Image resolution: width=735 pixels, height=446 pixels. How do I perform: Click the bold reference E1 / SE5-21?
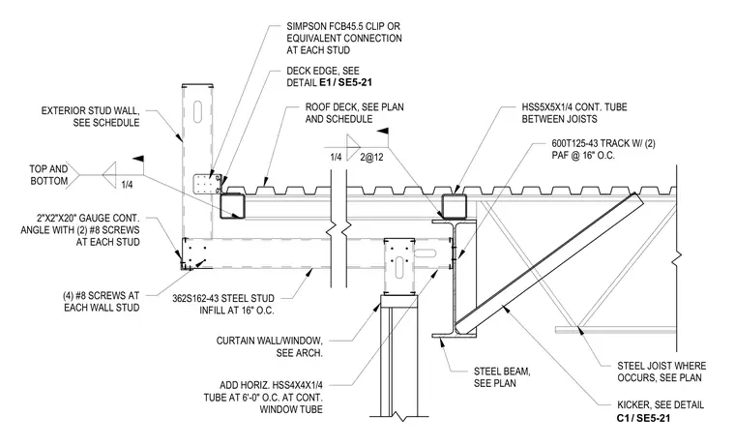pos(346,82)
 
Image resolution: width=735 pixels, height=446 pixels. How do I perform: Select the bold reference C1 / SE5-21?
pos(643,417)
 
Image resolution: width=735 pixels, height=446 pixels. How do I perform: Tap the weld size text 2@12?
pos(371,157)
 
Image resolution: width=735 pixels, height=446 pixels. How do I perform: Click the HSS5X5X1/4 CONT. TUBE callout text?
pos(574,113)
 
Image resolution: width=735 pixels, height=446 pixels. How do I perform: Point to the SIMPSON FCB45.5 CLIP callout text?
pos(344,38)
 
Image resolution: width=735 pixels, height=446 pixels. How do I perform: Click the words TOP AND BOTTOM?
pos(48,175)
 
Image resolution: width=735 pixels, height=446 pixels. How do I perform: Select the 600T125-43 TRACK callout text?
pos(603,149)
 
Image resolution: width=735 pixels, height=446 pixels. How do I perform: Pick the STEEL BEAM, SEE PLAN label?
pos(502,377)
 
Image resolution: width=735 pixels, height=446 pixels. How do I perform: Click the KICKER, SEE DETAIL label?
pos(661,404)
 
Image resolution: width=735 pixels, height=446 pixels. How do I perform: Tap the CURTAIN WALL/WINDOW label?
pos(270,346)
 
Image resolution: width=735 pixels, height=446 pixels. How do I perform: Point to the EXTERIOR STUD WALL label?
pos(91,117)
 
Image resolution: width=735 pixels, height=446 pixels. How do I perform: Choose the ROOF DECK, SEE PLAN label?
pos(354,113)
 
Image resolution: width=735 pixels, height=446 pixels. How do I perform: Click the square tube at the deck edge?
pos(232,206)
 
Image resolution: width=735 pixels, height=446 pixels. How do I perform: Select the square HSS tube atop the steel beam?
pos(455,207)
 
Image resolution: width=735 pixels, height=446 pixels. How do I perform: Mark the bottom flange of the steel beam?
pos(454,336)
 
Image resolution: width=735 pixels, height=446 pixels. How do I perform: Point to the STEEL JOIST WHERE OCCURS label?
pos(661,372)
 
